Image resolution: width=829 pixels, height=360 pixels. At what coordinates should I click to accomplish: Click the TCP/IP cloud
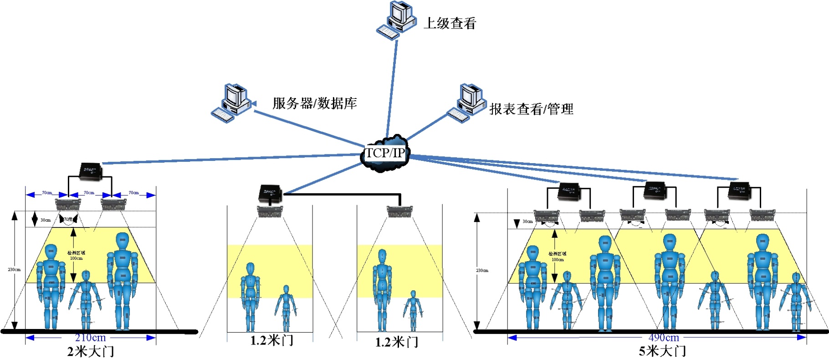point(385,153)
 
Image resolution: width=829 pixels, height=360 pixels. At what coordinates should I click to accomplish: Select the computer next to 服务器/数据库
point(232,103)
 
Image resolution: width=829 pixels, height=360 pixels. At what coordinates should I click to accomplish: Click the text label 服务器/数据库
point(314,103)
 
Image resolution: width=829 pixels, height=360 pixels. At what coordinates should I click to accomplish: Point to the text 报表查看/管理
point(531,109)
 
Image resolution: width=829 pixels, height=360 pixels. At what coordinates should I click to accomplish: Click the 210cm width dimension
point(90,338)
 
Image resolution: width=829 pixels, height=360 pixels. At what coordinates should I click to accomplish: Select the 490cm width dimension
point(664,338)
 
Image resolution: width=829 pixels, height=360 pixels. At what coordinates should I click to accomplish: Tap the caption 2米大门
point(90,351)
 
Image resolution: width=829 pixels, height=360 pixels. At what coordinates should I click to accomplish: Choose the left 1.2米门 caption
point(271,340)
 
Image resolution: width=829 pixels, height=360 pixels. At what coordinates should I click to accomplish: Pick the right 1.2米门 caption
point(396,342)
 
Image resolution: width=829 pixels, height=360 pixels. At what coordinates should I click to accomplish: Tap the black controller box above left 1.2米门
point(270,192)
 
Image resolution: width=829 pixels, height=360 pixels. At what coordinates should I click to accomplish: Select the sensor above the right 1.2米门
point(400,211)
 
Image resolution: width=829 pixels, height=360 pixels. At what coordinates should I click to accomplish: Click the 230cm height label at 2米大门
point(14,270)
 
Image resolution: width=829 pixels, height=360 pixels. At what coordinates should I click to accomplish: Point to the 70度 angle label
point(68,220)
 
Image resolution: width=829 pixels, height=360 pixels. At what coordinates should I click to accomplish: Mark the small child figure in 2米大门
point(86,298)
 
